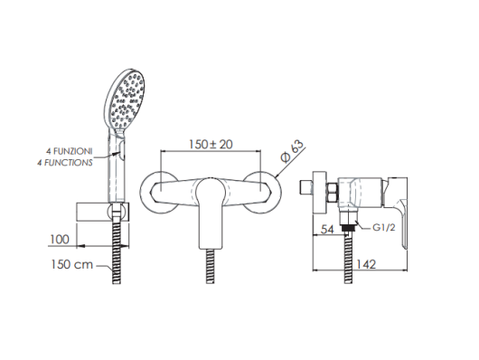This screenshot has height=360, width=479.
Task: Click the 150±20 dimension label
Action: pos(211,144)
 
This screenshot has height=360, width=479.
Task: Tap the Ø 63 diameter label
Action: pos(293,151)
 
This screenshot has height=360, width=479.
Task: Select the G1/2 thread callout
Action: pos(384,227)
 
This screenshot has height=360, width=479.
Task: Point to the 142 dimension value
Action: pos(366,263)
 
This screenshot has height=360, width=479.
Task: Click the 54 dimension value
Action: pos(328,229)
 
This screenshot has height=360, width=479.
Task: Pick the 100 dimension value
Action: pos(60,239)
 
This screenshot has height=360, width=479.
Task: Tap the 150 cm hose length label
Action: pos(71,264)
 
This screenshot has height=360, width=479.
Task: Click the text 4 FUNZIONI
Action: pos(69,151)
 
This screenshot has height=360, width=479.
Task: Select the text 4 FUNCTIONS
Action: pos(65,163)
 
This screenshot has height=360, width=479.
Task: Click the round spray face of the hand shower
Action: pos(125,99)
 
